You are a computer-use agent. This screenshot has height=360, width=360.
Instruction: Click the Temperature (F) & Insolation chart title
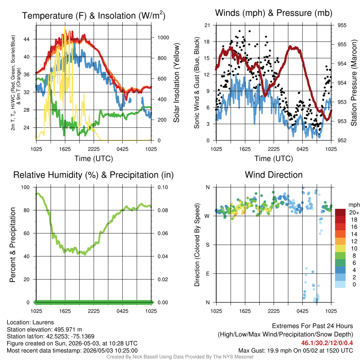click(x=94, y=15)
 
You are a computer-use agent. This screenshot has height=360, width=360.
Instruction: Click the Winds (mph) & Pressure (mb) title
click(x=274, y=13)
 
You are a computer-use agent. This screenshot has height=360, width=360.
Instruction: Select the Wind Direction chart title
click(x=274, y=175)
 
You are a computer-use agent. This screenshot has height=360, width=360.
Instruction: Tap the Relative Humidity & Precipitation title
click(x=94, y=175)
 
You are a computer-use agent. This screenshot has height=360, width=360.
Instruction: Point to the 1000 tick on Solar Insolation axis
click(x=163, y=38)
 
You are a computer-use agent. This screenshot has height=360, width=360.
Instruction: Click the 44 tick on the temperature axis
click(x=27, y=39)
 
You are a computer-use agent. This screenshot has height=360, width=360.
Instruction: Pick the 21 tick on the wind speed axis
click(x=207, y=25)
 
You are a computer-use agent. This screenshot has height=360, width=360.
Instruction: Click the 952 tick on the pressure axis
click(x=342, y=140)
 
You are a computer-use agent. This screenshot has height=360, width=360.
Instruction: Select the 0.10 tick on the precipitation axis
click(x=163, y=187)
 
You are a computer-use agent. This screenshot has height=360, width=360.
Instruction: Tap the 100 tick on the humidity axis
click(x=25, y=187)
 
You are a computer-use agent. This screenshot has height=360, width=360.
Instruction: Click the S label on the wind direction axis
click(x=207, y=245)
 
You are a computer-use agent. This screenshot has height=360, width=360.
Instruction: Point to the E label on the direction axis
click(x=207, y=274)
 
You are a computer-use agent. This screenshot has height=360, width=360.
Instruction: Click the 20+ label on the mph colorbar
click(x=354, y=213)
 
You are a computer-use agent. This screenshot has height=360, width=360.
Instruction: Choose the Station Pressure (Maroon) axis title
click(x=354, y=83)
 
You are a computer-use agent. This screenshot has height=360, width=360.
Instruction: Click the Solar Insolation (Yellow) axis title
click(x=176, y=83)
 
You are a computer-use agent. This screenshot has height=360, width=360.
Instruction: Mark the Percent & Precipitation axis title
click(x=13, y=245)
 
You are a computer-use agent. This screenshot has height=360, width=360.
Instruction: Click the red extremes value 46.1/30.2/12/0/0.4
click(x=327, y=343)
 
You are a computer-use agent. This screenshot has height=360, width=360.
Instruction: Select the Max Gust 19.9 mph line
click(x=295, y=351)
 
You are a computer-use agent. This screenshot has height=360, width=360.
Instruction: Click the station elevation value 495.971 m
click(x=68, y=329)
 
